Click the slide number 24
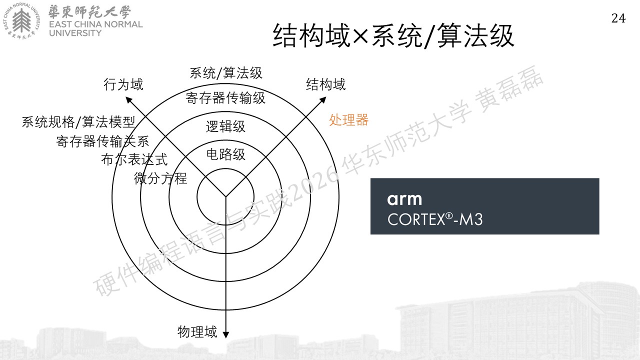[618, 18]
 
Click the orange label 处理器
[348, 120]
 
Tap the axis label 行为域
[123, 84]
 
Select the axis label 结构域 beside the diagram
[325, 84]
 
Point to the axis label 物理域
[197, 332]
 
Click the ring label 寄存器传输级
[225, 98]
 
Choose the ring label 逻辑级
[225, 126]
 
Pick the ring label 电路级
[225, 154]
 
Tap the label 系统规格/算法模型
[78, 122]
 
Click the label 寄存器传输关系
[102, 141]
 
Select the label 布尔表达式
[134, 159]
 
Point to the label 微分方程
[160, 178]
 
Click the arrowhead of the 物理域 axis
[225, 335]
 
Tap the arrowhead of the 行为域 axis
[128, 99]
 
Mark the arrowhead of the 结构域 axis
[323, 99]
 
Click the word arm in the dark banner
[404, 199]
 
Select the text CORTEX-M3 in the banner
[435, 219]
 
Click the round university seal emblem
[21, 21]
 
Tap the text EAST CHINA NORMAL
[95, 24]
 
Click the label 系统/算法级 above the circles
[225, 73]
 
